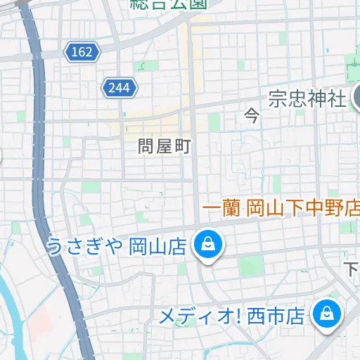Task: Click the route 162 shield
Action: tap(82, 51)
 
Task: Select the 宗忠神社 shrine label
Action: tap(307, 98)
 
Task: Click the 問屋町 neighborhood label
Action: tap(164, 146)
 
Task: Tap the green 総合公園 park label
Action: tap(169, 4)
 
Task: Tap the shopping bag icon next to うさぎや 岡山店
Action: tap(209, 245)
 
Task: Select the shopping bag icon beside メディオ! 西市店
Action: tap(327, 312)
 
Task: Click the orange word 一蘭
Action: tap(222, 209)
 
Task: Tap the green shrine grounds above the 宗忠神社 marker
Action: tap(352, 70)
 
